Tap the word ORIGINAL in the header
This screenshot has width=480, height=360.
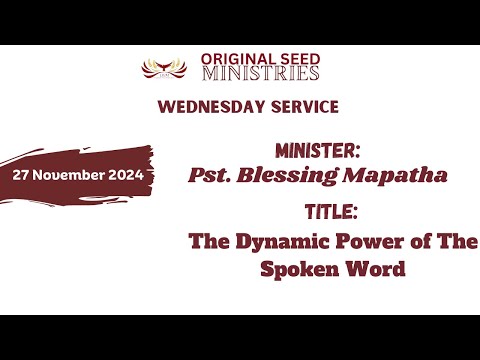click(231, 58)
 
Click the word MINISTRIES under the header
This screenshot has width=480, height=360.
click(260, 73)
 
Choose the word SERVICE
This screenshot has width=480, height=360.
click(302, 106)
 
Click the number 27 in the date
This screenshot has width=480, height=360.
click(23, 174)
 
